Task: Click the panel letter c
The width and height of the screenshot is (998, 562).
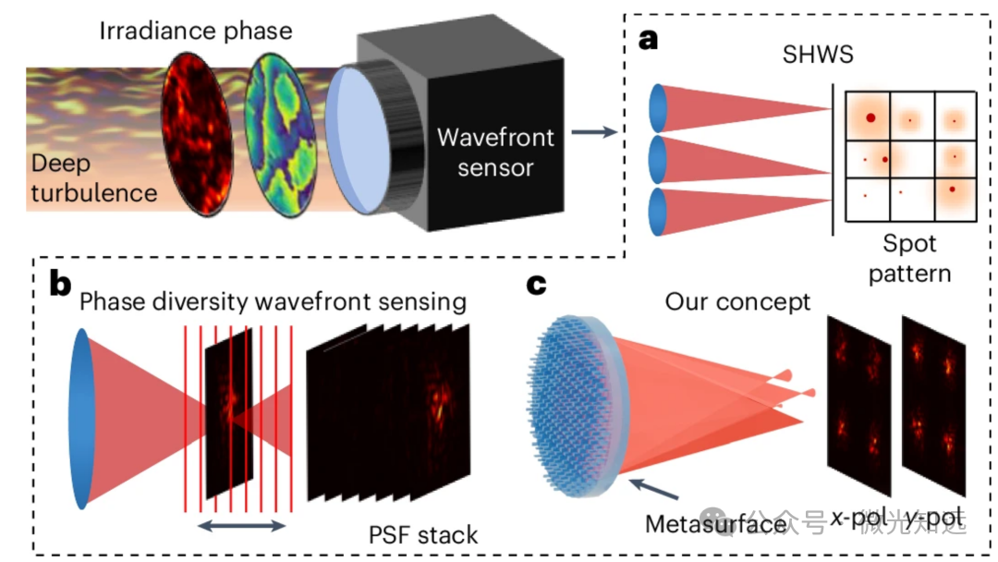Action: click(537, 284)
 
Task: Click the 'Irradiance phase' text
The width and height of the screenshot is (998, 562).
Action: click(195, 31)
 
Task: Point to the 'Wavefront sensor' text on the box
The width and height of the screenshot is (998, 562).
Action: click(495, 153)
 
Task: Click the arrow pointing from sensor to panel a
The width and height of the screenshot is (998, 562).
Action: click(593, 134)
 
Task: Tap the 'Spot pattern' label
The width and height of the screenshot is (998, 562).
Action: click(909, 260)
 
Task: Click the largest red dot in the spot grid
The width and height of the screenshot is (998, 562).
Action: click(870, 117)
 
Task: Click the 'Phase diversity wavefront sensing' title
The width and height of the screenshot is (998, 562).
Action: click(273, 301)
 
